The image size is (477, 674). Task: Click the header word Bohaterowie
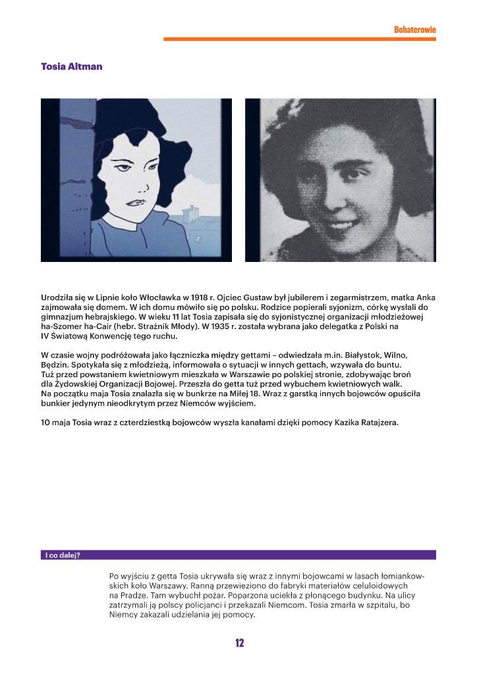coord(414,30)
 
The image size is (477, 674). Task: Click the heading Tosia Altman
coord(71,66)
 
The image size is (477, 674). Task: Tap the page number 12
coord(239,643)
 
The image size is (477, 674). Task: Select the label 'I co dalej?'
coord(63,555)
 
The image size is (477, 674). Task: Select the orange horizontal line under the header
coord(299,39)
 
